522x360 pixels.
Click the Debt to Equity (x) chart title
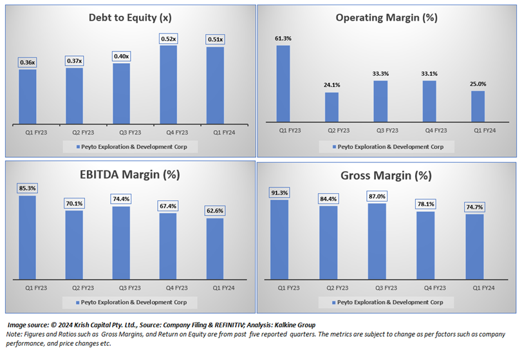128,17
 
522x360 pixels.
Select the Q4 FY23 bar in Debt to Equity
168,84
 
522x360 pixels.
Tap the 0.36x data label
27,62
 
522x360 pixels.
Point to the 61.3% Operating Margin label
283,39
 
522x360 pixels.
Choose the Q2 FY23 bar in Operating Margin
331,107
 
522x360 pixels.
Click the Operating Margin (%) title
386,17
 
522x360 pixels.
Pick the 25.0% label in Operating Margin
478,84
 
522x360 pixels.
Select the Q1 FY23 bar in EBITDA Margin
27,238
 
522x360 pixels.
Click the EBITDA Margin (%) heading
128,174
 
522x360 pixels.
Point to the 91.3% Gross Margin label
283,192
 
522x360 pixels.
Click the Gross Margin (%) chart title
386,176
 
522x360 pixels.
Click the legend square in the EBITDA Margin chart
77,302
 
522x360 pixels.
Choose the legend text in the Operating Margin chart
390,147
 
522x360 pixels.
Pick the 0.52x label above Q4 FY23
168,39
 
